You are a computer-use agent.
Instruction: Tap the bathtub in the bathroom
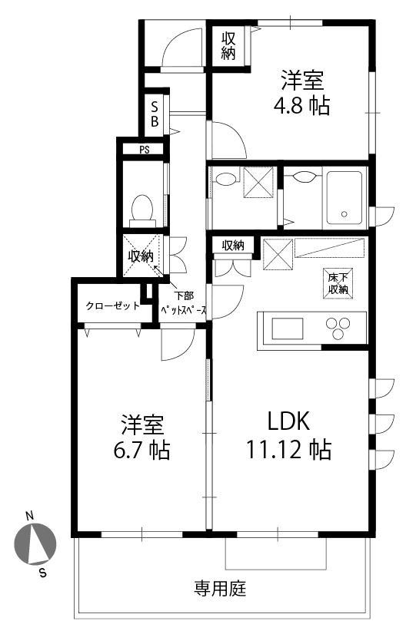(344, 198)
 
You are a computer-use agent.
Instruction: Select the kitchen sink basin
(288, 329)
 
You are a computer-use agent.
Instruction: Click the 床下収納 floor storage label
(338, 283)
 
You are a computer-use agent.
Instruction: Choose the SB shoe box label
(155, 114)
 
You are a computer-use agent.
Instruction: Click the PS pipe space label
(145, 150)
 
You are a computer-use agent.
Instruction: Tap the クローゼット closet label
(112, 305)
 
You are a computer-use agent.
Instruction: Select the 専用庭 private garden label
(220, 588)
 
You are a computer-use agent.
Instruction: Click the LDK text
(289, 421)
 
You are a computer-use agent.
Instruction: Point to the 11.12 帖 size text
(289, 449)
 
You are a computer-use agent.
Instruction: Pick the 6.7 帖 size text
(141, 449)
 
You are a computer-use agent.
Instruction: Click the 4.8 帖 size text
(301, 106)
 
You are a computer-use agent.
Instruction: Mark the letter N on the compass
(29, 516)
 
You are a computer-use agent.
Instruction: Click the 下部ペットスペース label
(184, 303)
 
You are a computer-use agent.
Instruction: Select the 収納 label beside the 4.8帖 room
(228, 46)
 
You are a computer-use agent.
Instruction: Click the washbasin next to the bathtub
(304, 177)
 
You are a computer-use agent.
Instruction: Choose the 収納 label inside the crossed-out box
(141, 256)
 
